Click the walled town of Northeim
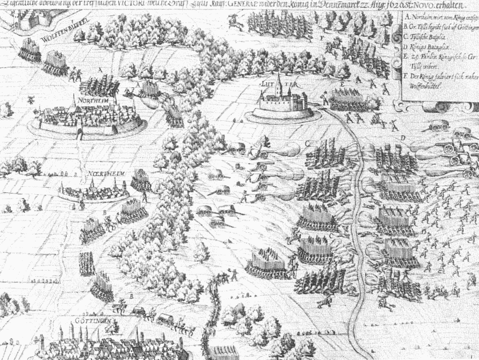(87, 117)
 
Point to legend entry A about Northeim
(439, 18)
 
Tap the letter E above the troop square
(341, 84)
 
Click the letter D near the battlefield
(403, 137)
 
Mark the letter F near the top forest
(321, 37)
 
